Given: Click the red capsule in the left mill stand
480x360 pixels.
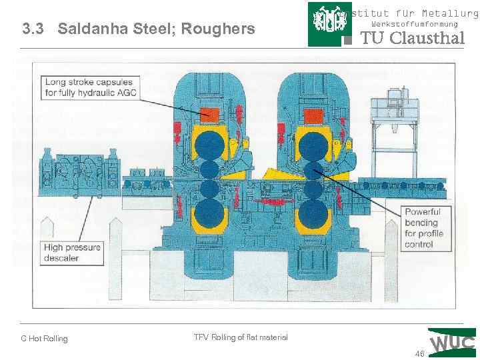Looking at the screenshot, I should click(x=211, y=113).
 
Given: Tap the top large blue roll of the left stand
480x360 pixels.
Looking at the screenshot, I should click(x=210, y=145).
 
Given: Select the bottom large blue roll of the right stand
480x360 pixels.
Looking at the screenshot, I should click(x=311, y=215).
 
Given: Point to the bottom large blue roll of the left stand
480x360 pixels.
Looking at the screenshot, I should click(x=210, y=215).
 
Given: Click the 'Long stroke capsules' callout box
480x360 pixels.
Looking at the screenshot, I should click(x=91, y=87).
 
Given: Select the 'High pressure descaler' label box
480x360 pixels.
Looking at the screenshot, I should click(x=72, y=253).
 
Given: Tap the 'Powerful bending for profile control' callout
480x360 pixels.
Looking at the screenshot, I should click(x=423, y=228).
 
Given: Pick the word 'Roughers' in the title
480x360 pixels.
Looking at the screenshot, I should click(x=227, y=29).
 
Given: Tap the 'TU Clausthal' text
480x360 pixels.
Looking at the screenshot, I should click(x=412, y=39).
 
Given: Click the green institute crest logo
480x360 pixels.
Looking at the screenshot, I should click(x=329, y=24).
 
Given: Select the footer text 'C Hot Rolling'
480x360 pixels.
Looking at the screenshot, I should click(x=44, y=339).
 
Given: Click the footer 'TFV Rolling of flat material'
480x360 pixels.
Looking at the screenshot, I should click(x=241, y=337).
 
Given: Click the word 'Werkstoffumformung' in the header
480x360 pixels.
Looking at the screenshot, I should click(x=414, y=24).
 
